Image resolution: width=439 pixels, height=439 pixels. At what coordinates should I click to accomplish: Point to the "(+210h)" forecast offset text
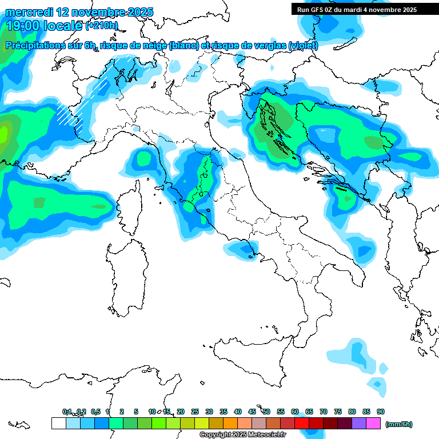point(102,26)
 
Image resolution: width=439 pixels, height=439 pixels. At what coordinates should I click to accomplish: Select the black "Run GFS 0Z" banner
point(357,10)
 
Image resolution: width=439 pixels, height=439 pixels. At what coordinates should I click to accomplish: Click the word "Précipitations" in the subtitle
point(39,46)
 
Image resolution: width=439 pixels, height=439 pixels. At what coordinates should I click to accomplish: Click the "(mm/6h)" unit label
point(398,424)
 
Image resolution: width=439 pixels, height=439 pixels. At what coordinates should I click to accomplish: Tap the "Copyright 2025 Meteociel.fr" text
point(242,435)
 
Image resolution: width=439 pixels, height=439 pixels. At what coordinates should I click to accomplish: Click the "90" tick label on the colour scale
point(381,412)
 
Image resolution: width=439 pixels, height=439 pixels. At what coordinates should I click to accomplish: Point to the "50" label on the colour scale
point(266,412)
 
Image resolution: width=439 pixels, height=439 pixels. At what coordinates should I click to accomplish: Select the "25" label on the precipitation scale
point(195,412)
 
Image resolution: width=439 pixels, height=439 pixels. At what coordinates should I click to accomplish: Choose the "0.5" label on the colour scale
point(95,412)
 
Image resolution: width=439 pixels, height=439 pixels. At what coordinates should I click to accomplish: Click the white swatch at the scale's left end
point(58,424)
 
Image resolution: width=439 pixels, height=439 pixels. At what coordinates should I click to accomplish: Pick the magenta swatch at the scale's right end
point(373,424)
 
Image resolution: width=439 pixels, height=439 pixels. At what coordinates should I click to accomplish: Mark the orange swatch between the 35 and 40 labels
point(230,424)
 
